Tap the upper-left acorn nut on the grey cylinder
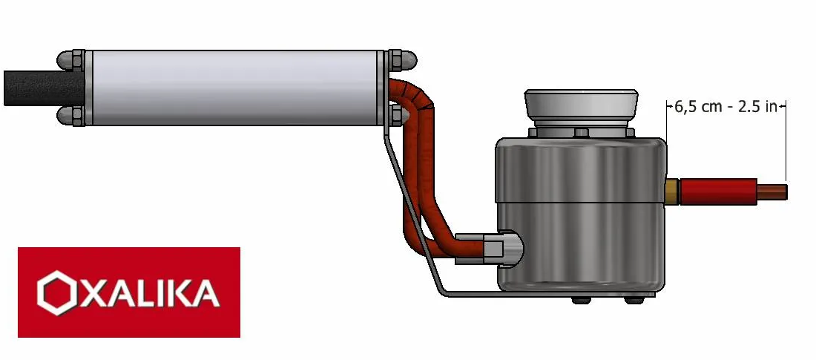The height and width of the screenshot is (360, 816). [x=70, y=59]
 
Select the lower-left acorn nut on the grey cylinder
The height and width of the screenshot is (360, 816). [x=70, y=115]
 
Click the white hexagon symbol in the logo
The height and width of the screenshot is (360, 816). [x=57, y=292]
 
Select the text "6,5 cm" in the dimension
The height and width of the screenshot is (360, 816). [x=697, y=106]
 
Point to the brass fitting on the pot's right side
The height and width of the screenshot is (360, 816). [x=672, y=192]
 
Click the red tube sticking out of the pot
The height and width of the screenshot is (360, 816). [x=717, y=192]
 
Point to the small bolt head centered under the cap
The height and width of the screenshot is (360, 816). [x=582, y=132]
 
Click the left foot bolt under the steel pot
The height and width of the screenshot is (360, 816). [x=582, y=300]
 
